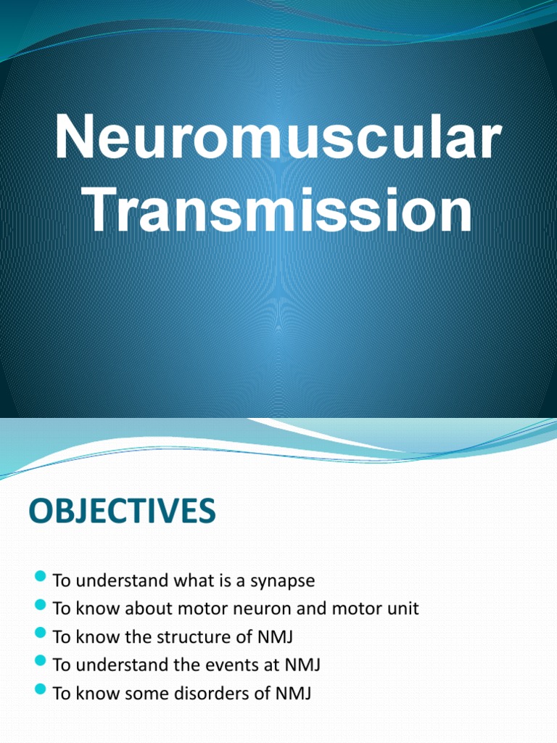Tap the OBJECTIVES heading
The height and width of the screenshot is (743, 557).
pyautogui.click(x=122, y=512)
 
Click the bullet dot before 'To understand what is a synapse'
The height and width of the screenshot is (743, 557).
pyautogui.click(x=40, y=579)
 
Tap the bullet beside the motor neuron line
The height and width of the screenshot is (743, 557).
pyautogui.click(x=40, y=607)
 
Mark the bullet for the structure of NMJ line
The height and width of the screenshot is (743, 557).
pyautogui.click(x=40, y=635)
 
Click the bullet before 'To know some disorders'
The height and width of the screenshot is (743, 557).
pyautogui.click(x=40, y=691)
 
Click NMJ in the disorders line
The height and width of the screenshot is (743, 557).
pyautogui.click(x=292, y=693)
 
